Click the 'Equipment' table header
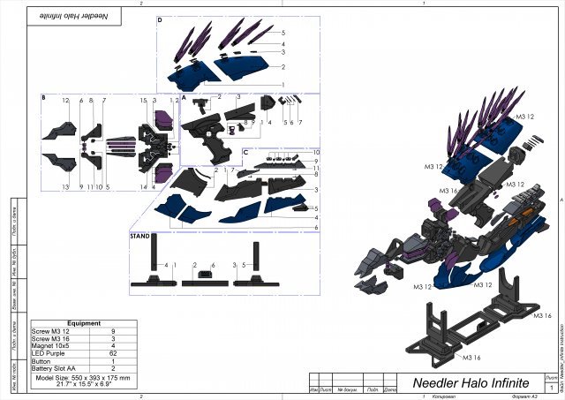point(84,323)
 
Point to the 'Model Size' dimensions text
point(84,381)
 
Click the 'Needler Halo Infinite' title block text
point(472,383)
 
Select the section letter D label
point(159,19)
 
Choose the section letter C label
point(245,151)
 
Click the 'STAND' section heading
point(139,237)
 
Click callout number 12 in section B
point(65,102)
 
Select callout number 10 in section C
point(315,153)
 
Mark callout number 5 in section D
point(282,33)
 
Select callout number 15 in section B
point(142,102)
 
